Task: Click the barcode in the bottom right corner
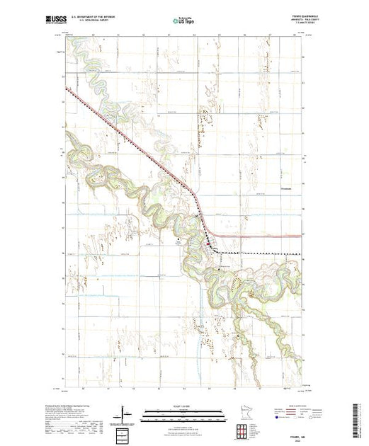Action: (x=360, y=421)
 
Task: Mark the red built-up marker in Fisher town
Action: (x=207, y=245)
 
